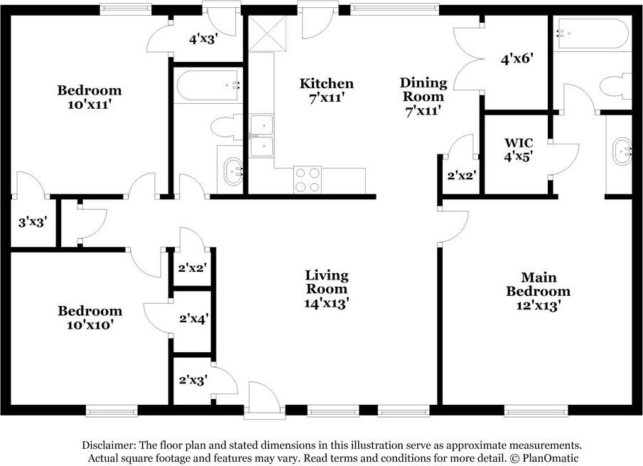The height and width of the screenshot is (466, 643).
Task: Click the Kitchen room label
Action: (326, 83)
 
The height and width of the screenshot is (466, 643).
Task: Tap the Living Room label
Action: (327, 282)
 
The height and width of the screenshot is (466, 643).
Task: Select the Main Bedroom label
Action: (538, 284)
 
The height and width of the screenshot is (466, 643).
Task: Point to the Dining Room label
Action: (423, 90)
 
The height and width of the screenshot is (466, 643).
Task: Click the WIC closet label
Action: (519, 143)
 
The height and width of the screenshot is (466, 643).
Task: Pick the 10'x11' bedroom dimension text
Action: (90, 105)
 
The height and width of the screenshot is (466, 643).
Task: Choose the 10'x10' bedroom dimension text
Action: (90, 324)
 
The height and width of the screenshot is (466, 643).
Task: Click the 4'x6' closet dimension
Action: (517, 59)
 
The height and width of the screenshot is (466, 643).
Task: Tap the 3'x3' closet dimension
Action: (33, 223)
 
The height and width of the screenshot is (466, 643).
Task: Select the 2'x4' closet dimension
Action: (194, 318)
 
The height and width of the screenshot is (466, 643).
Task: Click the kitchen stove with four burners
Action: (308, 180)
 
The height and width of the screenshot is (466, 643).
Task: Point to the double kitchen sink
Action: (261, 135)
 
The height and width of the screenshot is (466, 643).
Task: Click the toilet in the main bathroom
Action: (615, 86)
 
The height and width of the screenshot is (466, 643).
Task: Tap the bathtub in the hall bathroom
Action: (207, 86)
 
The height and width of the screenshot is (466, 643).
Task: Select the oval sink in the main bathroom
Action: (622, 152)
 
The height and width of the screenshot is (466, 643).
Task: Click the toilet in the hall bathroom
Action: (227, 127)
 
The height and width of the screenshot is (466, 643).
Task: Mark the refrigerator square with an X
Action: (267, 34)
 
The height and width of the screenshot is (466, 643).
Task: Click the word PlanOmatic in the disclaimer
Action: (551, 457)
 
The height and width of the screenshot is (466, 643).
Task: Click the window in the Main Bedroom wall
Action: (536, 410)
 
